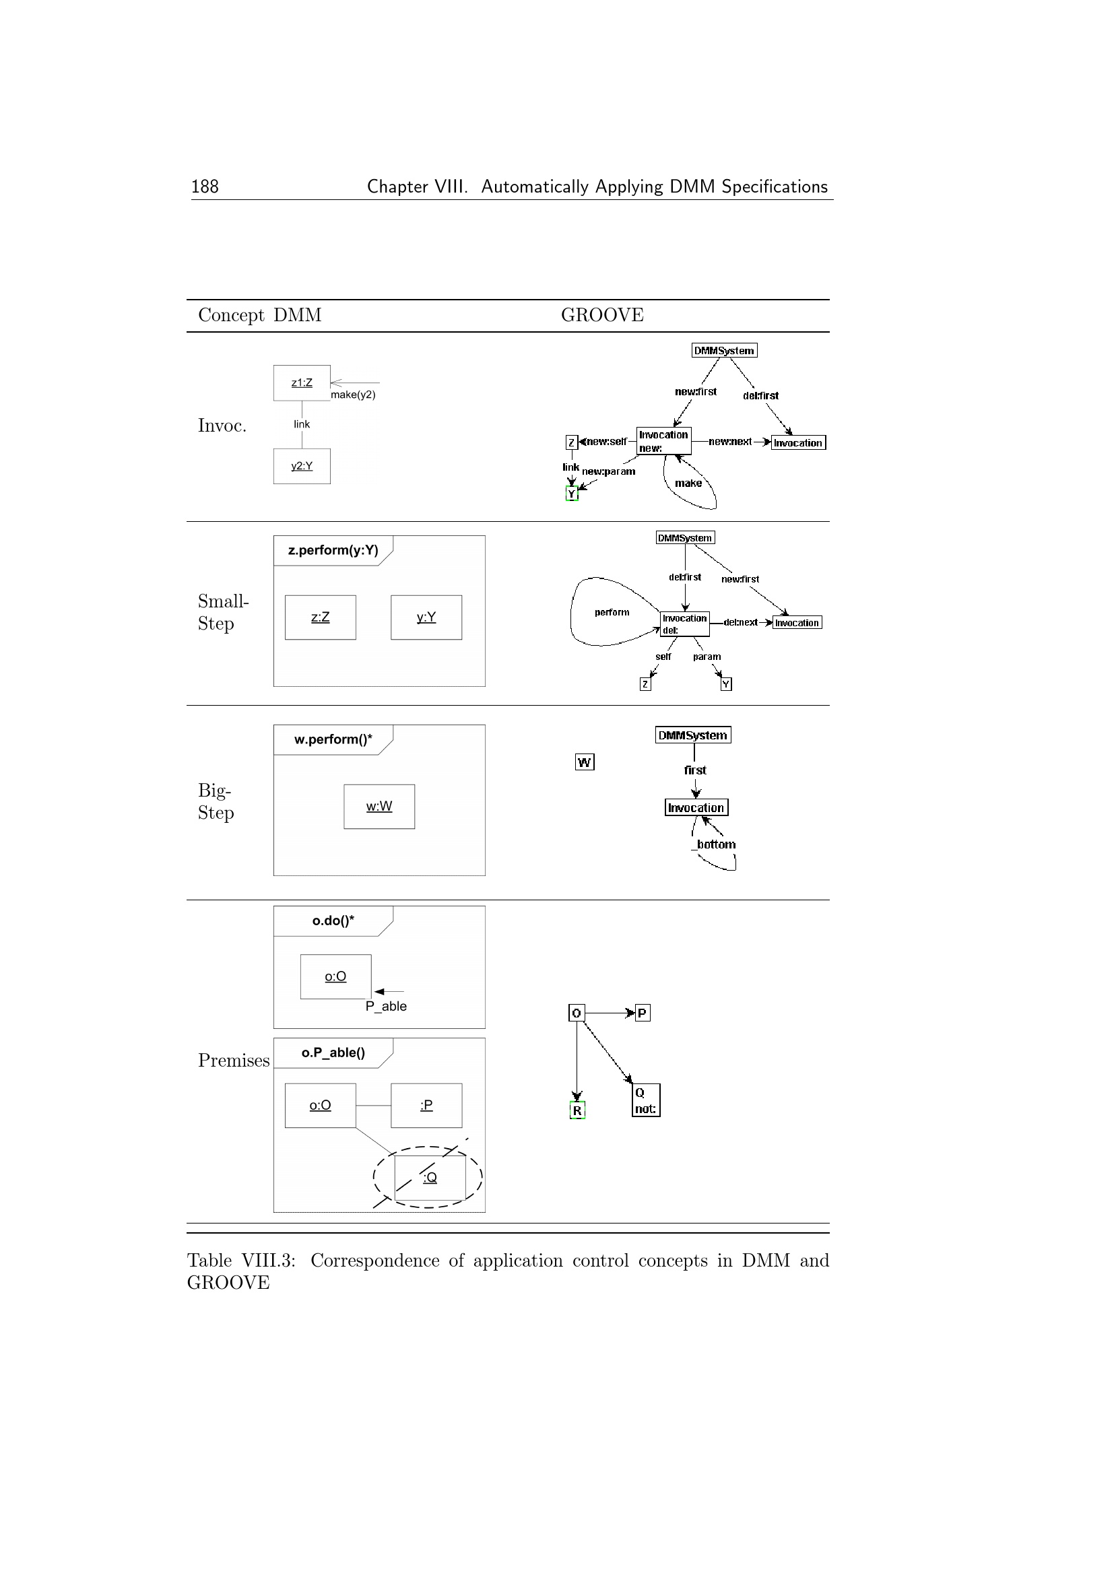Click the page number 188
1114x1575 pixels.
(205, 187)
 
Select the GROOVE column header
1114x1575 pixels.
(601, 315)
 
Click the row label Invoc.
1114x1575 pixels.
(222, 426)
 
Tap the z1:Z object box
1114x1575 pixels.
(302, 382)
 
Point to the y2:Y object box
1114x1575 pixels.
(302, 467)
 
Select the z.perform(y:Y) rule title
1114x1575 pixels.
(333, 550)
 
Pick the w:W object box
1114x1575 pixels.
(379, 807)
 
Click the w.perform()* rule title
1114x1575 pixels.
(333, 739)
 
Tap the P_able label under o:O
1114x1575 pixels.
(386, 1006)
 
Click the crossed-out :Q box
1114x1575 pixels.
(430, 1177)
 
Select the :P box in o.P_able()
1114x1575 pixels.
(426, 1105)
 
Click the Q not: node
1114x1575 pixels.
(645, 1100)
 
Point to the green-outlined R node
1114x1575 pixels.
(577, 1110)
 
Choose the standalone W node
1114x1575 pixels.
(585, 762)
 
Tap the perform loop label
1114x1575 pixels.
(612, 613)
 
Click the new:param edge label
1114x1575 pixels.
(608, 471)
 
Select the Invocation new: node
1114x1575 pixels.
(663, 441)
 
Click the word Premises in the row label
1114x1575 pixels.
(234, 1061)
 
